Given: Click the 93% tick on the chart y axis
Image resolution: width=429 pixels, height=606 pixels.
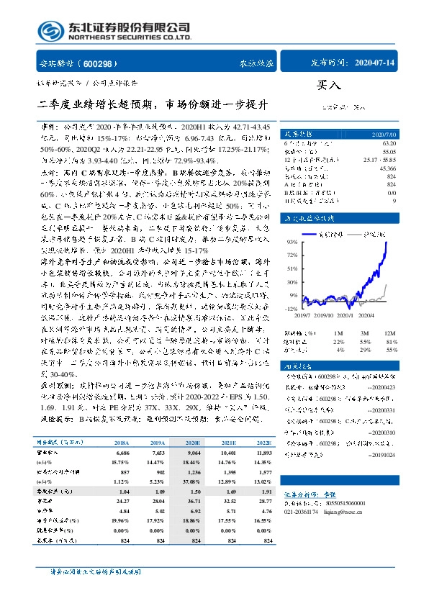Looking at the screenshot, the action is coord(292,242).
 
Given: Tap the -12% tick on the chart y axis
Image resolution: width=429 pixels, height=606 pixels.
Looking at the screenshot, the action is coord(292,308).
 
